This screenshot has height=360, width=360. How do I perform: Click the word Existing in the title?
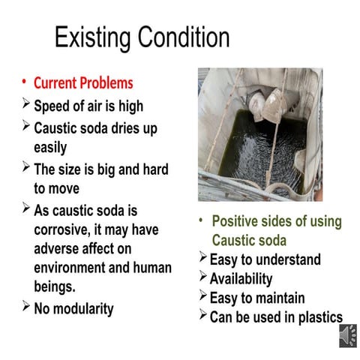[x=92, y=38]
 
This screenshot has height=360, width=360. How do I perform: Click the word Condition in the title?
[x=184, y=37]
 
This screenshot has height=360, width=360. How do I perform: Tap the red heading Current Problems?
[x=83, y=82]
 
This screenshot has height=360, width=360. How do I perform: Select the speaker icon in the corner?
[x=348, y=336]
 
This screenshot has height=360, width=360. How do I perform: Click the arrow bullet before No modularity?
[x=26, y=305]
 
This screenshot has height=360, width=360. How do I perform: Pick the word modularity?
[x=83, y=309]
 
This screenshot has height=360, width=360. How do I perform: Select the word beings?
[x=55, y=286]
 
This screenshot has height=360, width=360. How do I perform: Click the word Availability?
[x=241, y=279]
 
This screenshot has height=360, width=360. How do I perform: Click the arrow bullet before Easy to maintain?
[x=203, y=295]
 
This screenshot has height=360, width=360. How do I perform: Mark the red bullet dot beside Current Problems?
[x=24, y=82]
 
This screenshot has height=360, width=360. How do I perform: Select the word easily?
[x=50, y=148]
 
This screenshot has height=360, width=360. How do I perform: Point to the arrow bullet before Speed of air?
[x=26, y=103]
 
